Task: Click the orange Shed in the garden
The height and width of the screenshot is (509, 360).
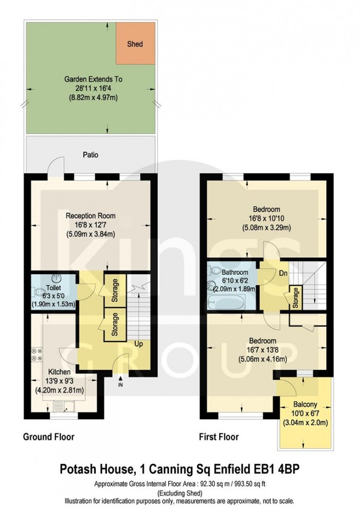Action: tap(135, 44)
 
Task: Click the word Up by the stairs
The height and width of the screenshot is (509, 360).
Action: tap(139, 343)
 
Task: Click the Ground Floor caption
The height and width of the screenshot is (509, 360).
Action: tap(49, 437)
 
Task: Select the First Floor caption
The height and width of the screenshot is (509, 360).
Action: tap(219, 437)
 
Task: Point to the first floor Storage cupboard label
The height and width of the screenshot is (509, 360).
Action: tap(296, 298)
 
